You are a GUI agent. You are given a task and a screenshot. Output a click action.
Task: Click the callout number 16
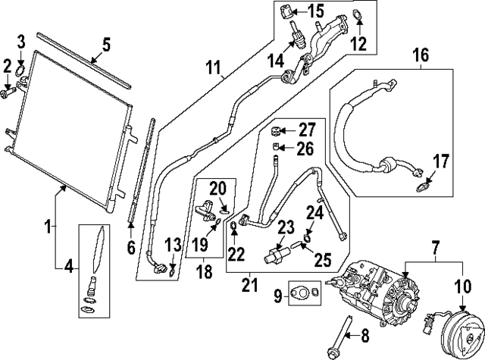pos(420,55)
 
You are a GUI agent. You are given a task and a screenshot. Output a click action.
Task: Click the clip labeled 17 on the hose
pos(426,182)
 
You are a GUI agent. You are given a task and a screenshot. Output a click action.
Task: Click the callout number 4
pos(69,266)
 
